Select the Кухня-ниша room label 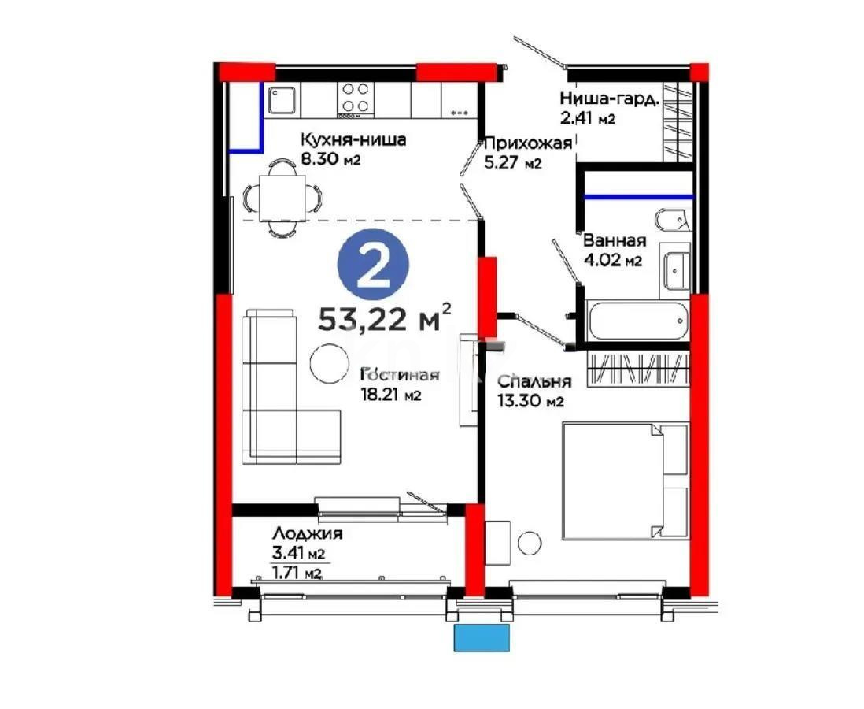click(x=353, y=140)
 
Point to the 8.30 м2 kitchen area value click(x=330, y=158)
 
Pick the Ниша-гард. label click(x=608, y=99)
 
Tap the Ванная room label click(x=614, y=242)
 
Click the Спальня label click(x=534, y=381)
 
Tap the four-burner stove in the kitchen click(x=356, y=100)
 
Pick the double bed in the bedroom click(x=625, y=481)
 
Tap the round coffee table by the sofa click(x=327, y=363)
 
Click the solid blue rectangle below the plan click(x=482, y=638)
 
